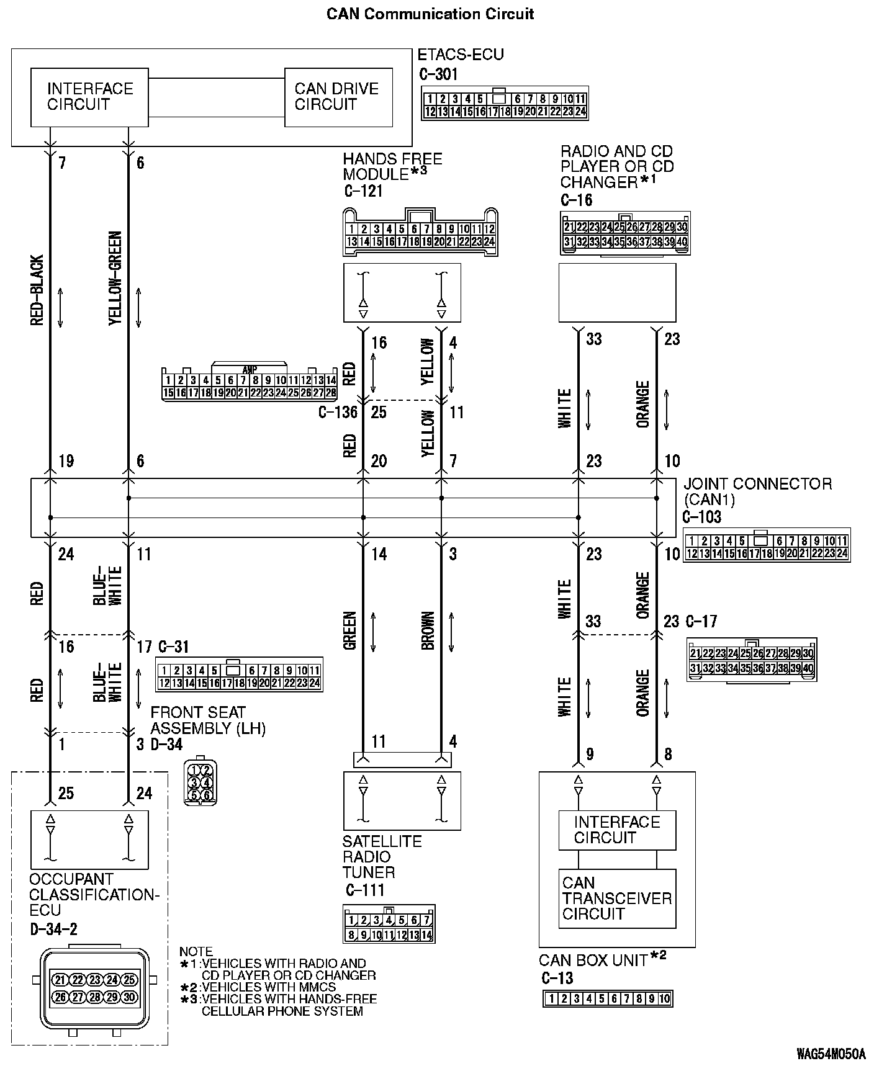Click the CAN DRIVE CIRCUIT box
[x=338, y=97]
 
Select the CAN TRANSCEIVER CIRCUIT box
[x=617, y=898]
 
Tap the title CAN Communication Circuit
[x=430, y=14]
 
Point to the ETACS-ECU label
[x=460, y=55]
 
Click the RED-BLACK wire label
[x=37, y=290]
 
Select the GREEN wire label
[x=349, y=630]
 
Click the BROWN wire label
[x=428, y=630]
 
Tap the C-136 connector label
[x=338, y=412]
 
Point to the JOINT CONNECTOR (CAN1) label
[x=757, y=491]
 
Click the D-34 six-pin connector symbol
[x=200, y=780]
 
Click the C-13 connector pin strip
[x=608, y=998]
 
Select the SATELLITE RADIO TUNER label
[x=382, y=857]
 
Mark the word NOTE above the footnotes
[x=196, y=951]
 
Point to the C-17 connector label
[x=701, y=621]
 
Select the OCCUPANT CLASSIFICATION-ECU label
[x=94, y=894]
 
